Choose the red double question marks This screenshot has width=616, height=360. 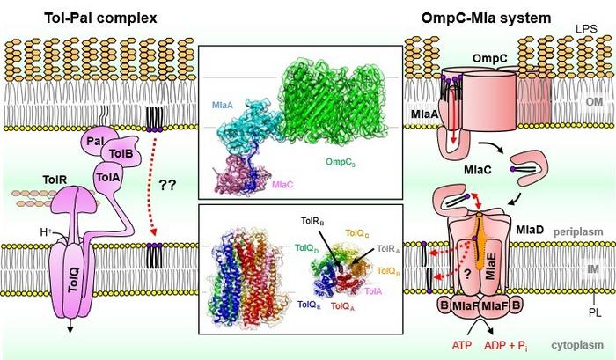tap(168, 186)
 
